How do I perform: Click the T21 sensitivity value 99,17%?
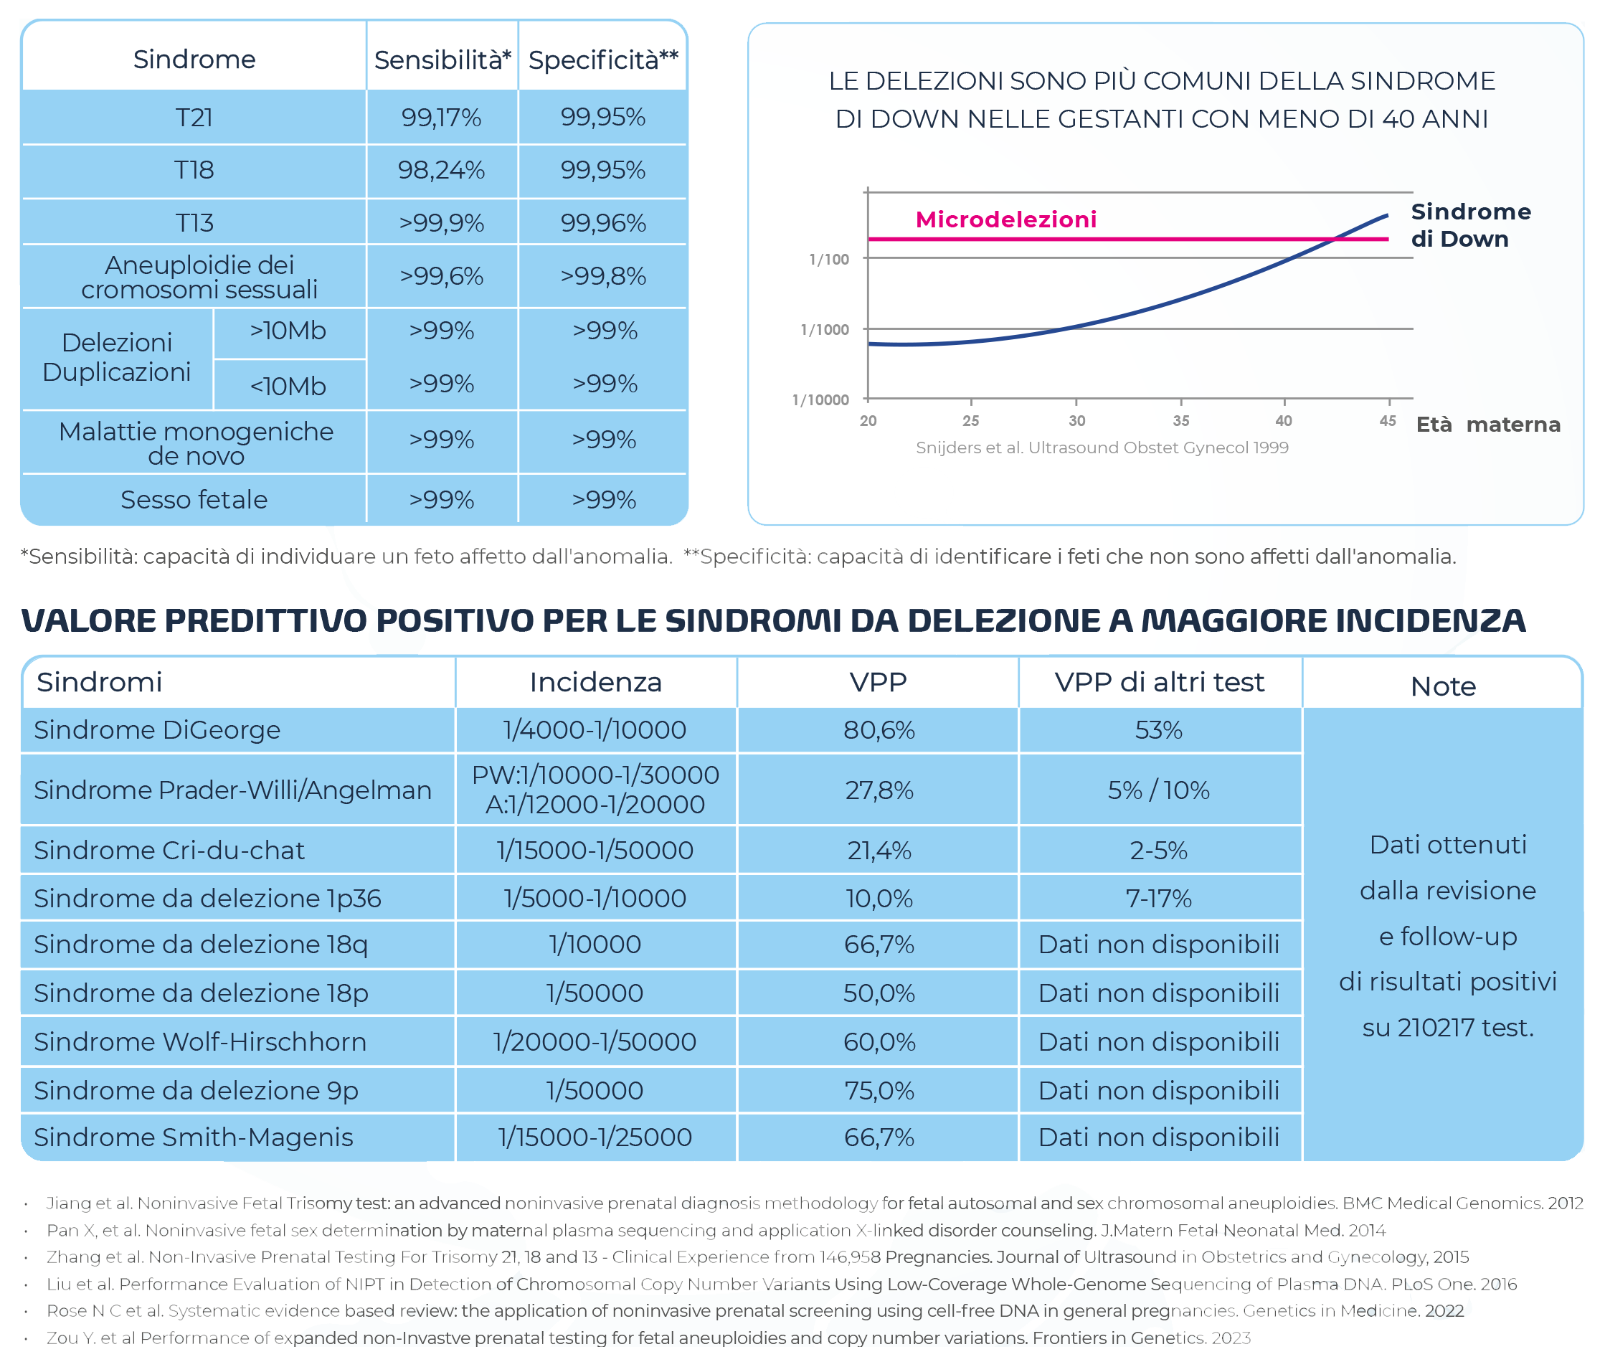(x=441, y=117)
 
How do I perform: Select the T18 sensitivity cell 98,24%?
(x=441, y=170)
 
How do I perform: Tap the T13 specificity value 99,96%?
(x=602, y=223)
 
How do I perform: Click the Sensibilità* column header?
(x=442, y=60)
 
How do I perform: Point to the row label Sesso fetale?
(x=194, y=500)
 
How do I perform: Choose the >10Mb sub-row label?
(x=288, y=331)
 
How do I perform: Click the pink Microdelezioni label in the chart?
(x=1005, y=219)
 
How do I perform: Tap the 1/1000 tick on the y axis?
(x=824, y=329)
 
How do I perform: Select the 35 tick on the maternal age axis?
(x=1180, y=421)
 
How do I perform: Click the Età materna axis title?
(x=1487, y=425)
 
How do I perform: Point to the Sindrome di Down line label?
(x=1470, y=224)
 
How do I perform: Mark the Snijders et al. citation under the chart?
(x=1102, y=448)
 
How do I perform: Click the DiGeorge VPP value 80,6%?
(x=879, y=730)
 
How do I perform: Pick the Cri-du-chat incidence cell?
(x=595, y=851)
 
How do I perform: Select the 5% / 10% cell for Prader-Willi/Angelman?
(x=1158, y=790)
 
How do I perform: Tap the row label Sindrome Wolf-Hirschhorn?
(x=200, y=1042)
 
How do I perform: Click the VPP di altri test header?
(x=1159, y=682)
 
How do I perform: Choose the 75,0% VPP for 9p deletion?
(x=879, y=1091)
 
